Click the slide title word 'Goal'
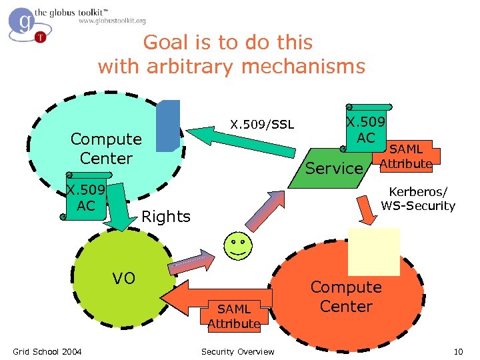[165, 43]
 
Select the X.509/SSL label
[262, 125]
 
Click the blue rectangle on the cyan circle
[168, 126]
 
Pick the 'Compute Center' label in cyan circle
[106, 149]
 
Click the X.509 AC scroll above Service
[366, 129]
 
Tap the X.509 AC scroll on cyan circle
[86, 198]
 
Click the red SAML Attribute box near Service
[406, 155]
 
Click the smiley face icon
[239, 246]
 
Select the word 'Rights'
[166, 217]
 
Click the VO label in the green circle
[123, 278]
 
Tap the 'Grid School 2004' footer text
[47, 351]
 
